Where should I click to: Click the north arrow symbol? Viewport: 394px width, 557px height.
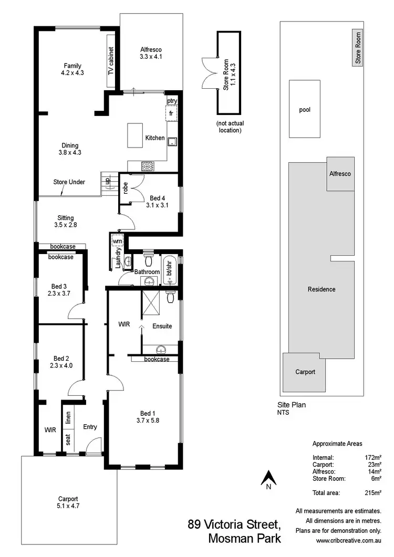268,479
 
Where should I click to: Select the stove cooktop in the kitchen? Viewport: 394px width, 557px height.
148,166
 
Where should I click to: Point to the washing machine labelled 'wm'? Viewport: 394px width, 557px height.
117,240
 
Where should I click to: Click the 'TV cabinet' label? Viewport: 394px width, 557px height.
111,62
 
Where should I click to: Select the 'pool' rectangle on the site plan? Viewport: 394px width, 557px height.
304,110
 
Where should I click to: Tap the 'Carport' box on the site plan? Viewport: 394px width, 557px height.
305,372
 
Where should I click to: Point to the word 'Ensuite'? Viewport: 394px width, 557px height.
162,326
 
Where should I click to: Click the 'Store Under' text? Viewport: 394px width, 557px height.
69,182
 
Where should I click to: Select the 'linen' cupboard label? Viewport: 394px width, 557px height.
68,418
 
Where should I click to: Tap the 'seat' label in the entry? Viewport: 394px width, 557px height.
68,438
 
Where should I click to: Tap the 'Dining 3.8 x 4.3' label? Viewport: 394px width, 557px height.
70,149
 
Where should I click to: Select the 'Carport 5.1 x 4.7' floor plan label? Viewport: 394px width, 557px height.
68,502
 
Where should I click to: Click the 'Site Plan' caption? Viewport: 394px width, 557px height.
292,405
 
